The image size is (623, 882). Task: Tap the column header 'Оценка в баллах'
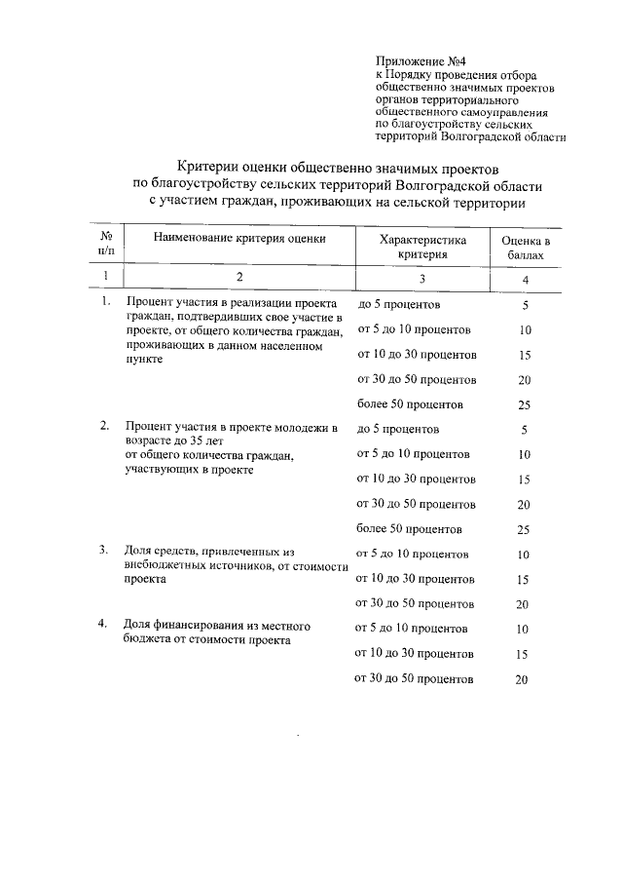tap(526, 247)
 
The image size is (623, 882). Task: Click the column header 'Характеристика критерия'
tap(422, 247)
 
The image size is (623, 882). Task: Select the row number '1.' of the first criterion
tap(105, 303)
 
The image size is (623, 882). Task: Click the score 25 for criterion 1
tap(524, 404)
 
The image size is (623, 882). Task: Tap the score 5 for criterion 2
tap(524, 430)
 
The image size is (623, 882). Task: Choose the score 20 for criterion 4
tap(521, 680)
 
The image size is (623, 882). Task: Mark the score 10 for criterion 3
tap(524, 555)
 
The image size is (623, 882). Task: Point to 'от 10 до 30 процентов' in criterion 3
tap(416, 579)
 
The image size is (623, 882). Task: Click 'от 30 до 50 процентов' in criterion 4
tap(415, 679)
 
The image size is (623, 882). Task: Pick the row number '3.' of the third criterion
tap(105, 550)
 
